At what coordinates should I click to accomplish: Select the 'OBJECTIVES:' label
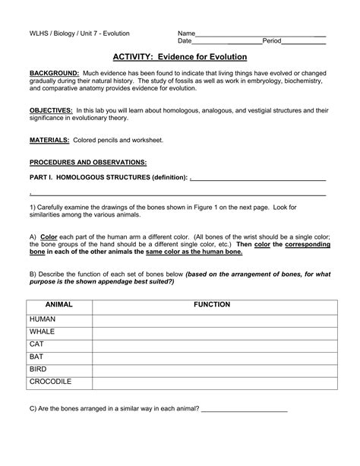click(51, 109)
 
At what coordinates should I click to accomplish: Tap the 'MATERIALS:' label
click(49, 141)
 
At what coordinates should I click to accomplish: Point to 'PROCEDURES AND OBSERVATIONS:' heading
click(87, 163)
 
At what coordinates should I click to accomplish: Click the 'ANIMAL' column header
click(59, 304)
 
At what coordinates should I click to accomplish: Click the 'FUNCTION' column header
click(212, 304)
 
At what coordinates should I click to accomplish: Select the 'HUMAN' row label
click(44, 320)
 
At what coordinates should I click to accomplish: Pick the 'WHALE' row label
click(43, 332)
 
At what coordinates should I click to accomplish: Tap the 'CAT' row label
click(37, 344)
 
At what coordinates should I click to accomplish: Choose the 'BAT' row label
click(37, 357)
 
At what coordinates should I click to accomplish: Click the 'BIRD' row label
click(39, 369)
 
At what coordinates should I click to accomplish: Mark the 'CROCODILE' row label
click(51, 381)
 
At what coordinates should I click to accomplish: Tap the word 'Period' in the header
click(272, 40)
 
